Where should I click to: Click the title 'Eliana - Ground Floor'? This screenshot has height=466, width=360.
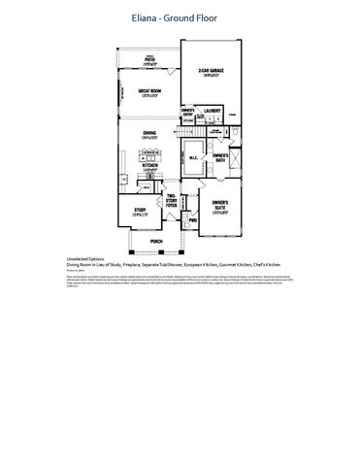point(180,17)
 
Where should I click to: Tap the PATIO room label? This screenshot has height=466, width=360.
point(150,59)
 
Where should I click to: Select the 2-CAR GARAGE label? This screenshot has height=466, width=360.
point(212,71)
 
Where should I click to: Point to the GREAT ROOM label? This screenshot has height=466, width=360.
point(148,90)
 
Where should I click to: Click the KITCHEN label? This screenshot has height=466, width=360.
point(150,165)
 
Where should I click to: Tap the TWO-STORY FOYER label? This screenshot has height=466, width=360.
point(172,200)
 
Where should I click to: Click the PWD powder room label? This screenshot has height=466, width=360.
point(192,220)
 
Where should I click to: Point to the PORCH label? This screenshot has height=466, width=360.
point(156,241)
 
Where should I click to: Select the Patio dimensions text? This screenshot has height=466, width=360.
point(150,64)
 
